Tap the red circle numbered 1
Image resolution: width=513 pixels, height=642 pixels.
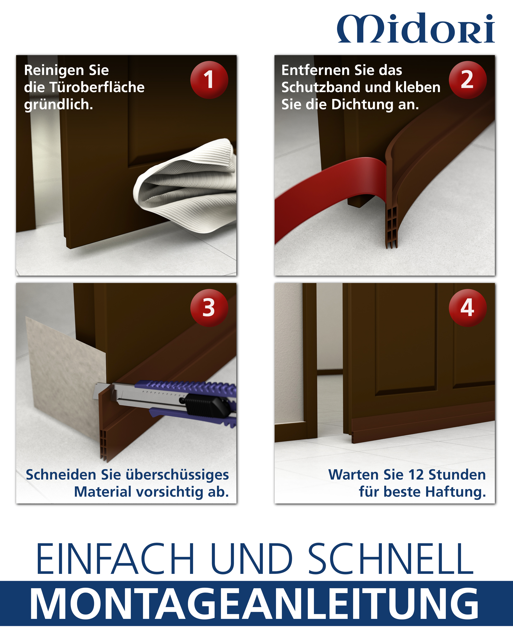tap(209, 80)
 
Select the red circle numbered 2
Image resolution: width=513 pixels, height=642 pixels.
tap(468, 80)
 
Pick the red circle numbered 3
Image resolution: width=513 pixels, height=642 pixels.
tap(209, 308)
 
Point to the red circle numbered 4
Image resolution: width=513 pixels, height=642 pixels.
tap(468, 308)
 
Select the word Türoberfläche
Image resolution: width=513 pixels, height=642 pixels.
tap(97, 87)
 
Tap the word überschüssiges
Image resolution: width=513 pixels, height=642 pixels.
tap(177, 475)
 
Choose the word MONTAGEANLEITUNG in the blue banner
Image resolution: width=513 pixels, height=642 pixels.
tap(254, 605)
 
